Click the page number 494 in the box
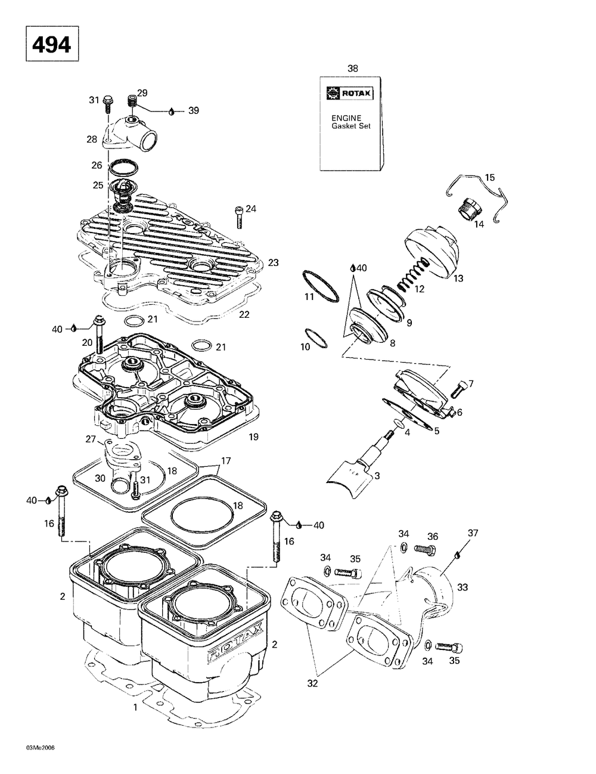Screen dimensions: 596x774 pos(52,45)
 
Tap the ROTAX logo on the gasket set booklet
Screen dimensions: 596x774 pos(350,94)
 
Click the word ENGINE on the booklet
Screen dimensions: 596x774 pos(346,118)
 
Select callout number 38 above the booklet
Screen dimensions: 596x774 pos(352,69)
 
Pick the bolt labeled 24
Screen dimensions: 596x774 pos(239,217)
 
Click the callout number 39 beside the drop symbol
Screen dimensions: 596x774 pos(194,110)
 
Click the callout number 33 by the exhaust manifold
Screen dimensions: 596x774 pos(462,587)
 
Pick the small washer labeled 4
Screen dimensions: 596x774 pos(399,423)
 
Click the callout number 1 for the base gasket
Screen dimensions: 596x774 pos(135,707)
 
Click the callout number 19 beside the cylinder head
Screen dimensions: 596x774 pos(253,436)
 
